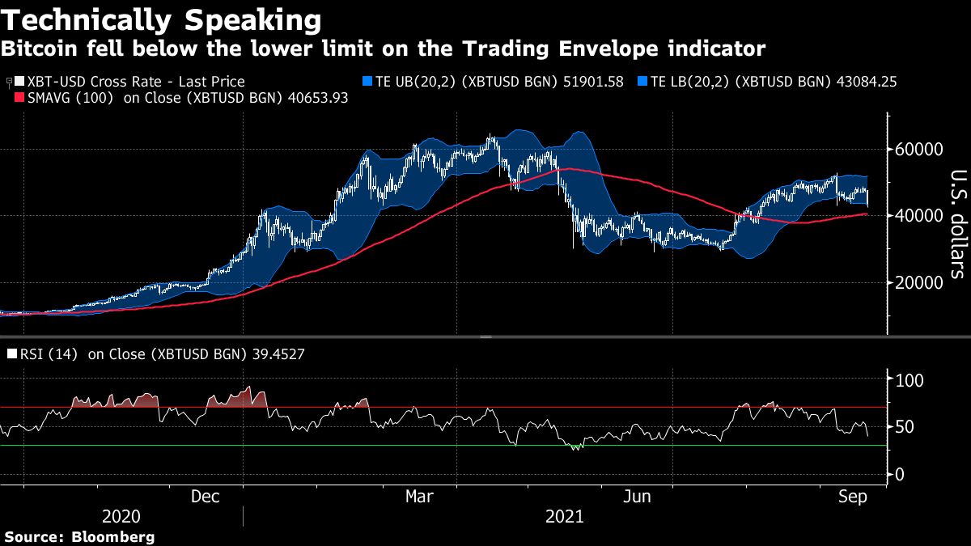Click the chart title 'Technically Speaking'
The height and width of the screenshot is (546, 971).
click(x=161, y=19)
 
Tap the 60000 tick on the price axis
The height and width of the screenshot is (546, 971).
click(x=918, y=150)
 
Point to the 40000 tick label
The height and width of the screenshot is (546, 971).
click(x=918, y=216)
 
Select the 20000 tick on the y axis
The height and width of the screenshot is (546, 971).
click(x=918, y=282)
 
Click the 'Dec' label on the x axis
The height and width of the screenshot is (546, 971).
click(x=206, y=496)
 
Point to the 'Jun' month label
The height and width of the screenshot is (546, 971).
click(x=638, y=496)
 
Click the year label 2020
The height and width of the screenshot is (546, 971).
click(x=121, y=516)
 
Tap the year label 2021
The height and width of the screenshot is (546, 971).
click(x=563, y=516)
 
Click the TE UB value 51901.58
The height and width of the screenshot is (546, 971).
click(x=586, y=82)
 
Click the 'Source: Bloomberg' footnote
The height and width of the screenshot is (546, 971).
click(x=79, y=536)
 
